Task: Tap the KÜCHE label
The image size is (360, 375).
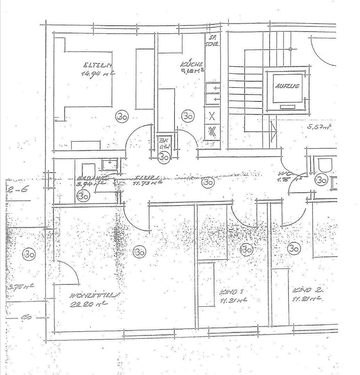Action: pos(191,64)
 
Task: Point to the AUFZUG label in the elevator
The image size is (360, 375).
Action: pos(287,86)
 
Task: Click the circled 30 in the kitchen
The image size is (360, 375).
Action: pos(188,116)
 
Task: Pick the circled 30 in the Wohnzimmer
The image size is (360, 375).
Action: pos(140,252)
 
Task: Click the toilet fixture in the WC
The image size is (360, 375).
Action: pos(325,165)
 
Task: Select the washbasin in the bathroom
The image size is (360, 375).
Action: pos(110,164)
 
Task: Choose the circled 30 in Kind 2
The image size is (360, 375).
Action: pos(294,248)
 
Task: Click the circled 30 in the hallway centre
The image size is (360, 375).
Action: pos(208,182)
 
